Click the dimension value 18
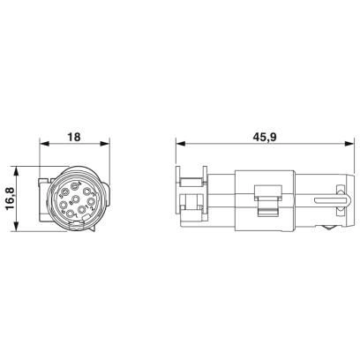(x=74, y=137)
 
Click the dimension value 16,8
(x=11, y=199)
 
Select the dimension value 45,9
(x=264, y=137)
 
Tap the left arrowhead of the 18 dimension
(x=44, y=144)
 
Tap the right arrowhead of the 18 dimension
(x=104, y=144)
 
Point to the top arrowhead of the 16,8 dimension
(x=17, y=171)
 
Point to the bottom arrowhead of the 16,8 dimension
(x=17, y=227)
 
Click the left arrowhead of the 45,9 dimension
(x=181, y=144)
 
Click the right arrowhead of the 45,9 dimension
(x=349, y=144)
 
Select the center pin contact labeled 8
(x=76, y=199)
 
